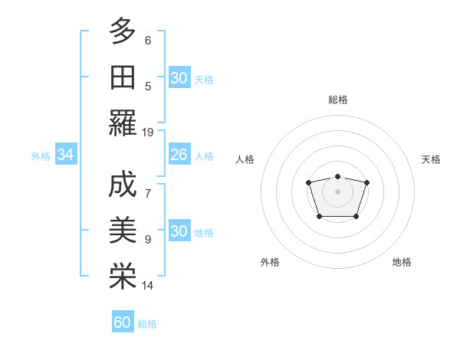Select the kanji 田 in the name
[123, 77]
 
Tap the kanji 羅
[123, 123]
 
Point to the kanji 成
[123, 185]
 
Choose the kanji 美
[123, 231]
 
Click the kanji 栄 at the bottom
[123, 276]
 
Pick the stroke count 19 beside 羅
[148, 132]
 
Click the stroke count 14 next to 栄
[148, 286]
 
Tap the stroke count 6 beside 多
[148, 40]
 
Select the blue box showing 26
[179, 155]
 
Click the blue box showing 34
[66, 155]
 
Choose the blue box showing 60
[123, 323]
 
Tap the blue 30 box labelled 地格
[179, 232]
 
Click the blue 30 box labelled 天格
[179, 78]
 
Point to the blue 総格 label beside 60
[147, 324]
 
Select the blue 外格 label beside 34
[41, 156]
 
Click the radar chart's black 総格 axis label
[337, 100]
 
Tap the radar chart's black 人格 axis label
[245, 159]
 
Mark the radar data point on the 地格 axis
[356, 217]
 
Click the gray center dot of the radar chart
[337, 191]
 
